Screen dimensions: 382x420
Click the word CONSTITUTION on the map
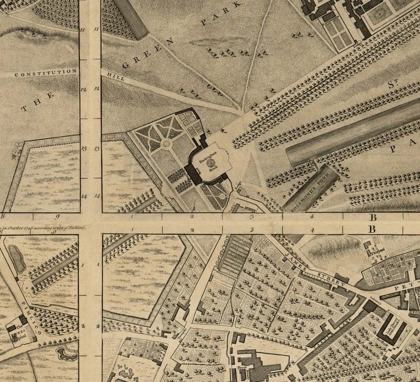46,73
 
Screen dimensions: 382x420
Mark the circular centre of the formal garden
166,144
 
